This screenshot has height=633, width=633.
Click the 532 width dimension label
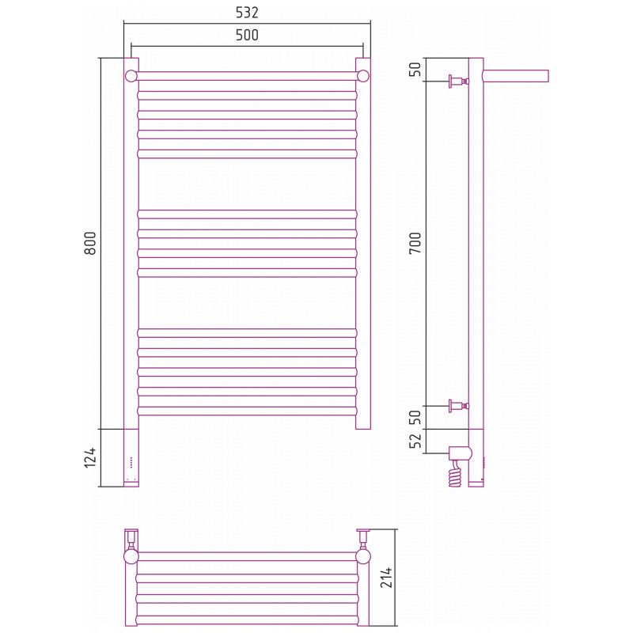[x=247, y=13]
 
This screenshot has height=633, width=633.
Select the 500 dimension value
[x=247, y=35]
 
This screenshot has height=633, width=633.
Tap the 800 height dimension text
[x=90, y=243]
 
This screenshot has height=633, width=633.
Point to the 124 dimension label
[x=90, y=457]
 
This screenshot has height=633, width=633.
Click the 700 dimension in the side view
[x=415, y=243]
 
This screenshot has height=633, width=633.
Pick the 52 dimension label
[x=415, y=441]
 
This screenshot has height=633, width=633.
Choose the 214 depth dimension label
[x=386, y=578]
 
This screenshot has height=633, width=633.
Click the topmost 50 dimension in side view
[x=415, y=69]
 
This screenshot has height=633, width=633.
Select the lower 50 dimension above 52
[x=415, y=418]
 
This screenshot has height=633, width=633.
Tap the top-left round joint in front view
[x=131, y=76]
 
